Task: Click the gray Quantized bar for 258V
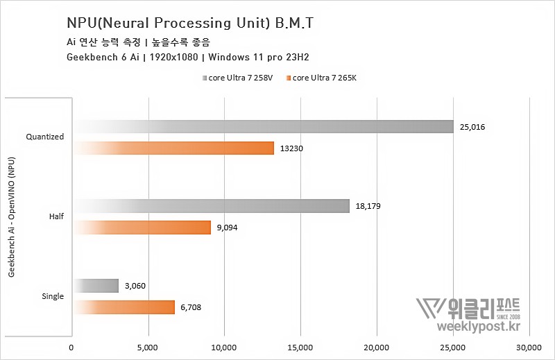(264, 126)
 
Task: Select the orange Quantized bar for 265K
(173, 148)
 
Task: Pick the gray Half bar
(212, 206)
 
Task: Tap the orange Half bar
(142, 228)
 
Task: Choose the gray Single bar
(96, 286)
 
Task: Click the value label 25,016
(472, 127)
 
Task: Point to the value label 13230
(291, 148)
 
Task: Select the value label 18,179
(368, 207)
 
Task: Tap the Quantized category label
(45, 137)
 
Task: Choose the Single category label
(52, 296)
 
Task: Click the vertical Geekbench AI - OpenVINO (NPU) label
(12, 216)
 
